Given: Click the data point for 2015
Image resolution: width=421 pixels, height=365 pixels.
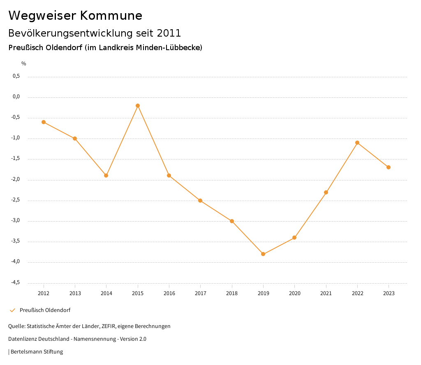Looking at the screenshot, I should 138,106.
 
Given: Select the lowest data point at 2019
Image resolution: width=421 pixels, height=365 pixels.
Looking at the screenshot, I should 263,254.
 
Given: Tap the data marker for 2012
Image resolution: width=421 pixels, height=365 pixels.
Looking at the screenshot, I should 44,122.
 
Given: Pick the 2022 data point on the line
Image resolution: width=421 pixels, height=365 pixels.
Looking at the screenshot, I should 357,143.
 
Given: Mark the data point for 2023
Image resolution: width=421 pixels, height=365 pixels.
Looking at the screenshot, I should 389,167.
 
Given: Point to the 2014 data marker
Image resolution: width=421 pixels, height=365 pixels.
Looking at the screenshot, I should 106,176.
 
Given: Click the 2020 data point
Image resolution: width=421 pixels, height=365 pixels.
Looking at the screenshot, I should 294,238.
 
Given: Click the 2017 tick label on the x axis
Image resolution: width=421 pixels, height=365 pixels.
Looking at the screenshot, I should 201,293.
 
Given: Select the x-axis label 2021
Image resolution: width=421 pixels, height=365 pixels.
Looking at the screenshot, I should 326,293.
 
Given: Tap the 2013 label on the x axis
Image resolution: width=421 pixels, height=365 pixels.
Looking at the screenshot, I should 75,293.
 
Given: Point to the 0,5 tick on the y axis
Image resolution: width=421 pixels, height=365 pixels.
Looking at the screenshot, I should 16,76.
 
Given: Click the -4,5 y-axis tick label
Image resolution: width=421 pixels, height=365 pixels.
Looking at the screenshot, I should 15,282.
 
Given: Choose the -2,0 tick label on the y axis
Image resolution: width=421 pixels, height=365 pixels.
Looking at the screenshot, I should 15,179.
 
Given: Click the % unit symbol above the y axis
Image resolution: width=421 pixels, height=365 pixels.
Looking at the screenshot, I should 24,64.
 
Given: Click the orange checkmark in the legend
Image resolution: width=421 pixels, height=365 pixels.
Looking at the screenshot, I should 12,310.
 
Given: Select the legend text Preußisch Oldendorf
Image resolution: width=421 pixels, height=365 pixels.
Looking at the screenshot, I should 45,310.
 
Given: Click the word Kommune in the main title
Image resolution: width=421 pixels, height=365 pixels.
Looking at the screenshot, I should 111,16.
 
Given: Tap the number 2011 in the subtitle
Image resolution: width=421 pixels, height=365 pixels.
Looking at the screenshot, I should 169,33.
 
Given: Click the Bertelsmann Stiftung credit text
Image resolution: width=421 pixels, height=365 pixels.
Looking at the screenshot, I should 37,352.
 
